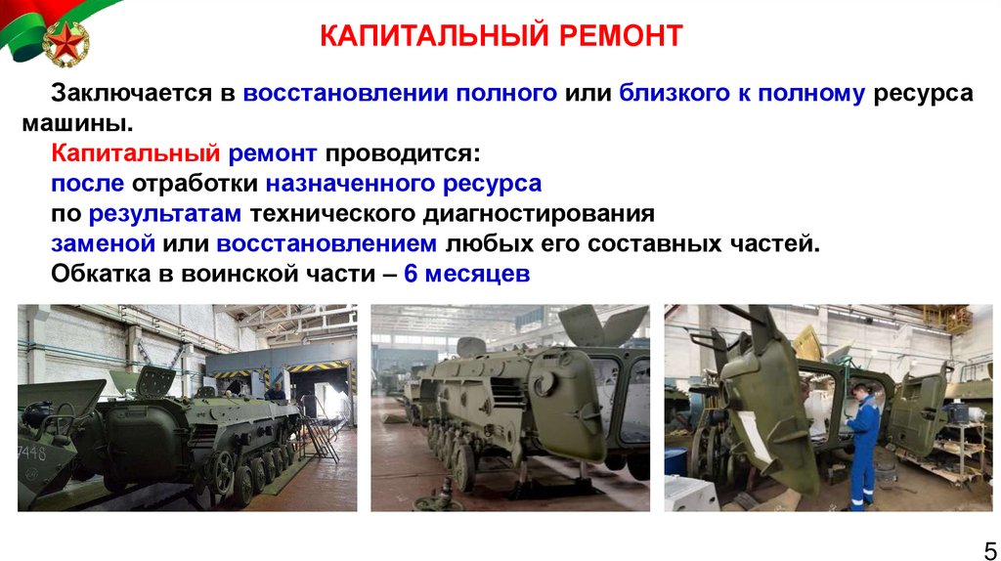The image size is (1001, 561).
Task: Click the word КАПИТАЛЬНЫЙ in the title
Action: coord(431,36)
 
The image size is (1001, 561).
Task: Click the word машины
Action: coord(76,124)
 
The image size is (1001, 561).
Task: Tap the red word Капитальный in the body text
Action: coord(137,154)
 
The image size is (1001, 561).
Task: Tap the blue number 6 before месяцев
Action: coord(411,275)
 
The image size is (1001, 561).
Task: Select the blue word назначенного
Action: coord(351,184)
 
